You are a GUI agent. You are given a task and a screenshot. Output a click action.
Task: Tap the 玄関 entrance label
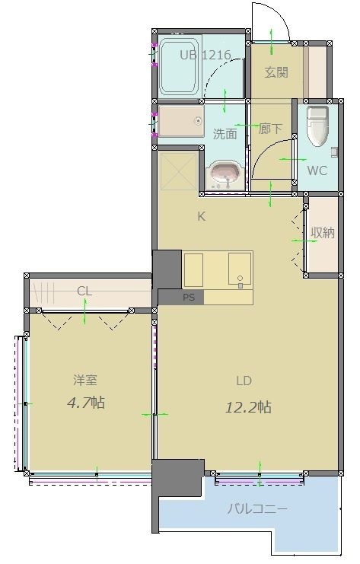(276, 73)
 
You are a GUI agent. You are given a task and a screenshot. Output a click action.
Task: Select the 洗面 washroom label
(225, 134)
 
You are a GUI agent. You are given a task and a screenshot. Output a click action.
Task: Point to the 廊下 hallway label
(270, 129)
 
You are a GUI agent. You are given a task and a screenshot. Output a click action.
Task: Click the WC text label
(317, 170)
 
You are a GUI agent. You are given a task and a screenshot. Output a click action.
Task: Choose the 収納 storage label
(323, 233)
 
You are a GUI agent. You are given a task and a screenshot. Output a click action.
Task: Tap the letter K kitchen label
(202, 216)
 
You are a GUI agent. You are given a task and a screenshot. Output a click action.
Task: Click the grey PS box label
(188, 298)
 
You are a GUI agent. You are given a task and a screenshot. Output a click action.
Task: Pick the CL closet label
(84, 290)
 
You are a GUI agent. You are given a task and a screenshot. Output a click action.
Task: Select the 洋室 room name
(85, 380)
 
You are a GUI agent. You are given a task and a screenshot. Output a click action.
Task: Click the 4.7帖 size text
(85, 403)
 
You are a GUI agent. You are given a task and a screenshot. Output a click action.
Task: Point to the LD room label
(244, 381)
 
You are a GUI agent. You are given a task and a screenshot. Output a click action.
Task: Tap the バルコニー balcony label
(259, 509)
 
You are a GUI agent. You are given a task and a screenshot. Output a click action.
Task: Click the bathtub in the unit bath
(180, 68)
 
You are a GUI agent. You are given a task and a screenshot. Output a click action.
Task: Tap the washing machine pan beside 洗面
(181, 122)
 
